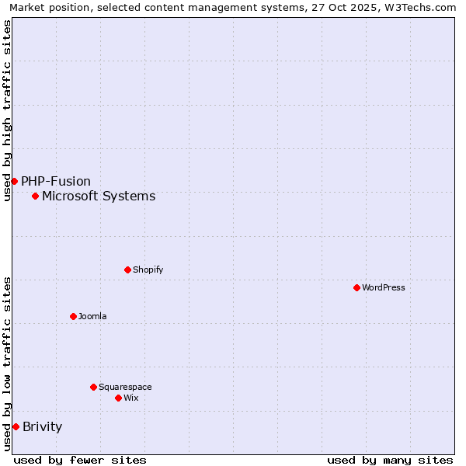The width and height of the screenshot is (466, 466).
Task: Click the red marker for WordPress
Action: tap(356, 287)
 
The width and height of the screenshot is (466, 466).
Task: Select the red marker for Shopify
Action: tap(127, 270)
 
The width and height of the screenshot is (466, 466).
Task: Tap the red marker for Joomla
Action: tap(73, 316)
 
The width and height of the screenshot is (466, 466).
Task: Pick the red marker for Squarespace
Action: tap(93, 387)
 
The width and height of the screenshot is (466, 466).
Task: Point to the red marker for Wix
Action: tap(118, 398)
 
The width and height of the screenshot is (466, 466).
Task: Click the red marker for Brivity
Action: tap(16, 426)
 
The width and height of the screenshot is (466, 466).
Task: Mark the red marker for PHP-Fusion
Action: tap(14, 181)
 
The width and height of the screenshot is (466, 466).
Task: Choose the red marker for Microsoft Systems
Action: tap(35, 196)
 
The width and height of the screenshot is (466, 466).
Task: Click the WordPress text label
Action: tap(384, 287)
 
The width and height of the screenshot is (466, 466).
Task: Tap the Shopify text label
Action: tap(148, 270)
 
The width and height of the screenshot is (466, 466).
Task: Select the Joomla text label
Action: tap(92, 316)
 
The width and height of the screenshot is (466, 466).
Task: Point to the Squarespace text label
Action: tap(125, 387)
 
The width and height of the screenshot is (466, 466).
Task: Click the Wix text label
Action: tap(130, 398)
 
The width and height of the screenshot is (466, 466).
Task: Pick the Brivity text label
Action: tap(43, 426)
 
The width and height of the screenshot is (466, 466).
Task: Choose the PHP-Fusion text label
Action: tap(56, 181)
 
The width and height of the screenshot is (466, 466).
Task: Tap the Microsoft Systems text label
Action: tap(99, 196)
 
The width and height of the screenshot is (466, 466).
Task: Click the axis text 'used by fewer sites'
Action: tap(80, 460)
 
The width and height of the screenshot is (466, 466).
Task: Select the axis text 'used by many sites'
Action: tap(390, 460)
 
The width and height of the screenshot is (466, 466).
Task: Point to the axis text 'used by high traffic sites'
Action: tap(7, 110)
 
